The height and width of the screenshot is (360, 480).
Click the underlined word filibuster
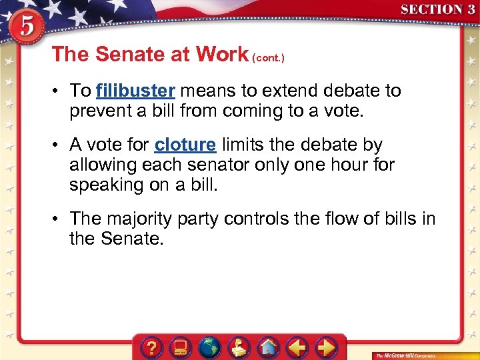135,91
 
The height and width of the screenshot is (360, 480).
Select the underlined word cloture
185,145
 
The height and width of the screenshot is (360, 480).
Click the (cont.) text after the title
268,58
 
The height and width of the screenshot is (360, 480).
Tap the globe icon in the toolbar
210,347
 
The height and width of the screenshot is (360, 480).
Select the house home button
269,347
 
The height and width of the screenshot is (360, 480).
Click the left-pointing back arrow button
297,347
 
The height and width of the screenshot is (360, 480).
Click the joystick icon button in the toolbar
239,347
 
